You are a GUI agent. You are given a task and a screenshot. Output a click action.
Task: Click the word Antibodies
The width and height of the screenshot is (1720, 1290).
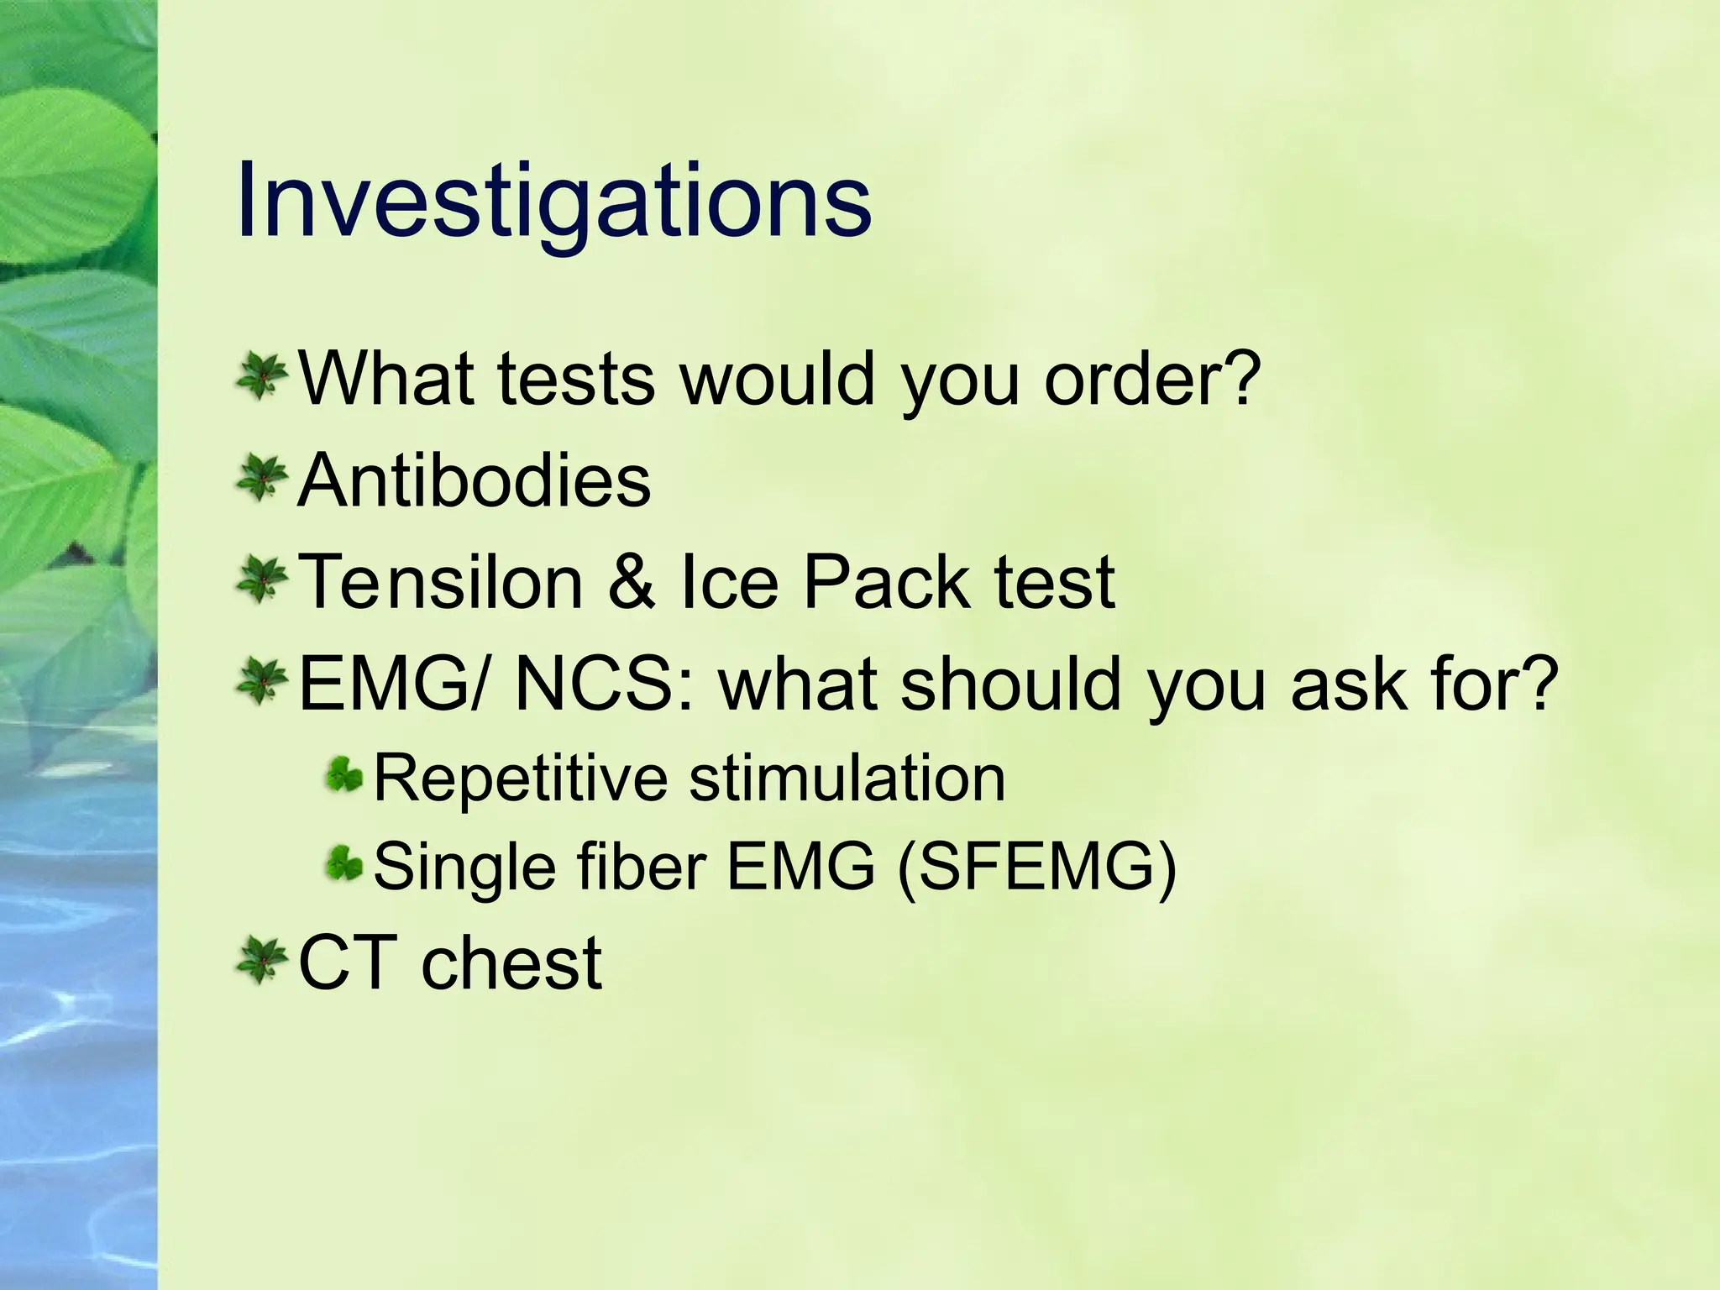click(x=475, y=480)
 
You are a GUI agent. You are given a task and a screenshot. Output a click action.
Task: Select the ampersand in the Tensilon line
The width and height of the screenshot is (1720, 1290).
click(x=632, y=582)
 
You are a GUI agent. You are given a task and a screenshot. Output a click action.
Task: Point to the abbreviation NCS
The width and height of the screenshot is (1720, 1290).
click(x=605, y=684)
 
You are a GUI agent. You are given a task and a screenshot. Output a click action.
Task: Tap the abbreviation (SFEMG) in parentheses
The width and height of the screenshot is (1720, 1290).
click(x=1037, y=867)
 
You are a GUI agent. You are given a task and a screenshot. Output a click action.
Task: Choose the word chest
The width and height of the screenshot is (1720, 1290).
click(x=511, y=962)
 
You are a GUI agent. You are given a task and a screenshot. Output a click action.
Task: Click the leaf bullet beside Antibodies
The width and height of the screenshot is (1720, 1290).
click(x=261, y=478)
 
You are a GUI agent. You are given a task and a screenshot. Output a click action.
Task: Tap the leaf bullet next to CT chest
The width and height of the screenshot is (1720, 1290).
click(x=261, y=961)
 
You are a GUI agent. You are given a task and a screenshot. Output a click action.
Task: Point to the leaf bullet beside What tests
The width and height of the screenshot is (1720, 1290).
click(x=261, y=376)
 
